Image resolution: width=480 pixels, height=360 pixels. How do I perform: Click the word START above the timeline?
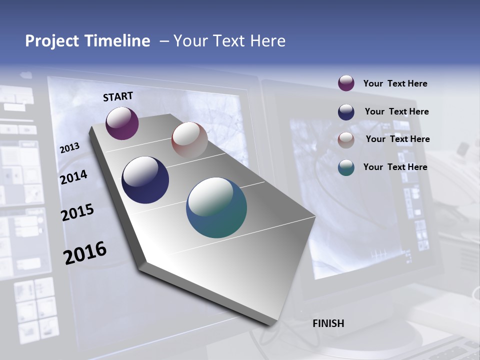(x=118, y=96)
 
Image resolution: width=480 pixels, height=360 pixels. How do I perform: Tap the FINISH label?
(x=328, y=323)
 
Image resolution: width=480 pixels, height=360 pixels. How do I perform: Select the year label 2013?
(x=69, y=148)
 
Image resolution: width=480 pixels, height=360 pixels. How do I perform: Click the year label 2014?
(x=73, y=177)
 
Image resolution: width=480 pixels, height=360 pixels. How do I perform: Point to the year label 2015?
(x=77, y=212)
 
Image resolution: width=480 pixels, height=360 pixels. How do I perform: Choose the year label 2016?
(x=85, y=253)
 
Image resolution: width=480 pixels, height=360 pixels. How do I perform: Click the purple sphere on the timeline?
(x=122, y=123)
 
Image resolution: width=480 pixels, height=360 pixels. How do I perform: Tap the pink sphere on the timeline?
(x=189, y=140)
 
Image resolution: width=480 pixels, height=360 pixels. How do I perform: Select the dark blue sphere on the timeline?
(x=145, y=180)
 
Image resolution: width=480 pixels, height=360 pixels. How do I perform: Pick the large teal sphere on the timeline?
(x=216, y=207)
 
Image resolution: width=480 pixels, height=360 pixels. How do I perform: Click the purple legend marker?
(x=346, y=83)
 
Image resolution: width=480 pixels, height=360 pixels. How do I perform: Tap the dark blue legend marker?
(x=346, y=112)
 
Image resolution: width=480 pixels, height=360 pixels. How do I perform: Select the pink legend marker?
(x=346, y=139)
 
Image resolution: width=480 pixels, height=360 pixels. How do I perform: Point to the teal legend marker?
(x=346, y=167)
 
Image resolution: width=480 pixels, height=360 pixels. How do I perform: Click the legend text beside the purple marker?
(x=395, y=83)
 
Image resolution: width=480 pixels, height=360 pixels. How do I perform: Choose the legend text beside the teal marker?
(x=395, y=167)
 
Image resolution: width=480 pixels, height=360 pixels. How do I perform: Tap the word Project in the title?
(x=50, y=41)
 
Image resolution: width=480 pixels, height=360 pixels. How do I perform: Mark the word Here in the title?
(x=267, y=41)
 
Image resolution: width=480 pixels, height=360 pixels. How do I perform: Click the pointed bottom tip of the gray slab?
(x=270, y=325)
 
